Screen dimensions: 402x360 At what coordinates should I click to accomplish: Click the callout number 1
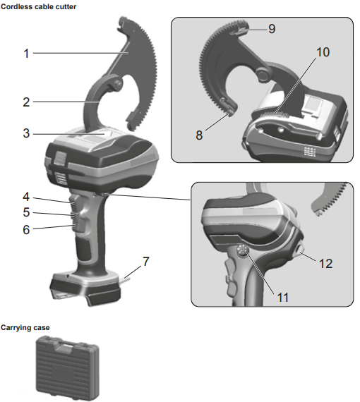[x=26, y=53]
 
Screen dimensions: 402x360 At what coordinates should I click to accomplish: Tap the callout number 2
[x=26, y=102]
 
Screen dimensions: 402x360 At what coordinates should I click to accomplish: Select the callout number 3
[x=26, y=133]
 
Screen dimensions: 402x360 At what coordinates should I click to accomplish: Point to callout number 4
[x=26, y=197]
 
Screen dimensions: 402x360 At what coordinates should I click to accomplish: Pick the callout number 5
[x=26, y=212]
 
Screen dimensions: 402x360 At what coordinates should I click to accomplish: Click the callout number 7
[x=145, y=262]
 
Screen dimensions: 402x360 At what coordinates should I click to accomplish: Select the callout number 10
[x=323, y=53]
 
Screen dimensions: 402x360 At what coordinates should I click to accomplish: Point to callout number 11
[x=282, y=297]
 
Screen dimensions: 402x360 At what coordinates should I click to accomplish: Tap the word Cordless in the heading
[x=17, y=6]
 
